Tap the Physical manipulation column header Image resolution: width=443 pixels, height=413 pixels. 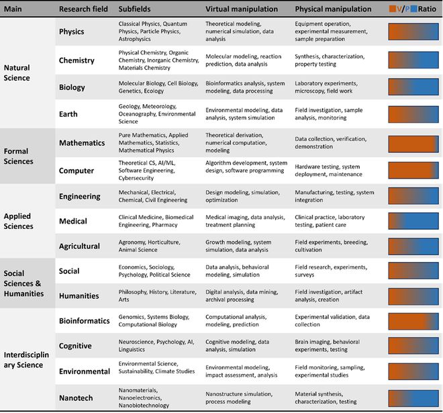(333, 9)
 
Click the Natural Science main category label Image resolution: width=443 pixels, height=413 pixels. (26, 73)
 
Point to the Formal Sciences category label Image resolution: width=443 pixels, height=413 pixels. (26, 156)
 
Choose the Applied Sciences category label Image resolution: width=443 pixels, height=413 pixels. (26, 221)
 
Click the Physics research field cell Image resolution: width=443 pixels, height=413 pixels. (71, 32)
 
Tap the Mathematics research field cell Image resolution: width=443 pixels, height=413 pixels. (82, 143)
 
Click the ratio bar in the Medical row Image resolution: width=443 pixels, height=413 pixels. (413, 221)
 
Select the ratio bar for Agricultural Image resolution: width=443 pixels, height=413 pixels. (413, 246)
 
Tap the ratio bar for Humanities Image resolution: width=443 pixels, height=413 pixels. (413, 295)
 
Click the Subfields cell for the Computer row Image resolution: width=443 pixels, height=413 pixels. (157, 171)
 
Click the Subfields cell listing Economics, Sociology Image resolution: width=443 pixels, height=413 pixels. (154, 271)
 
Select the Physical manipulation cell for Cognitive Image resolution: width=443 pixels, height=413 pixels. (332, 345)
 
